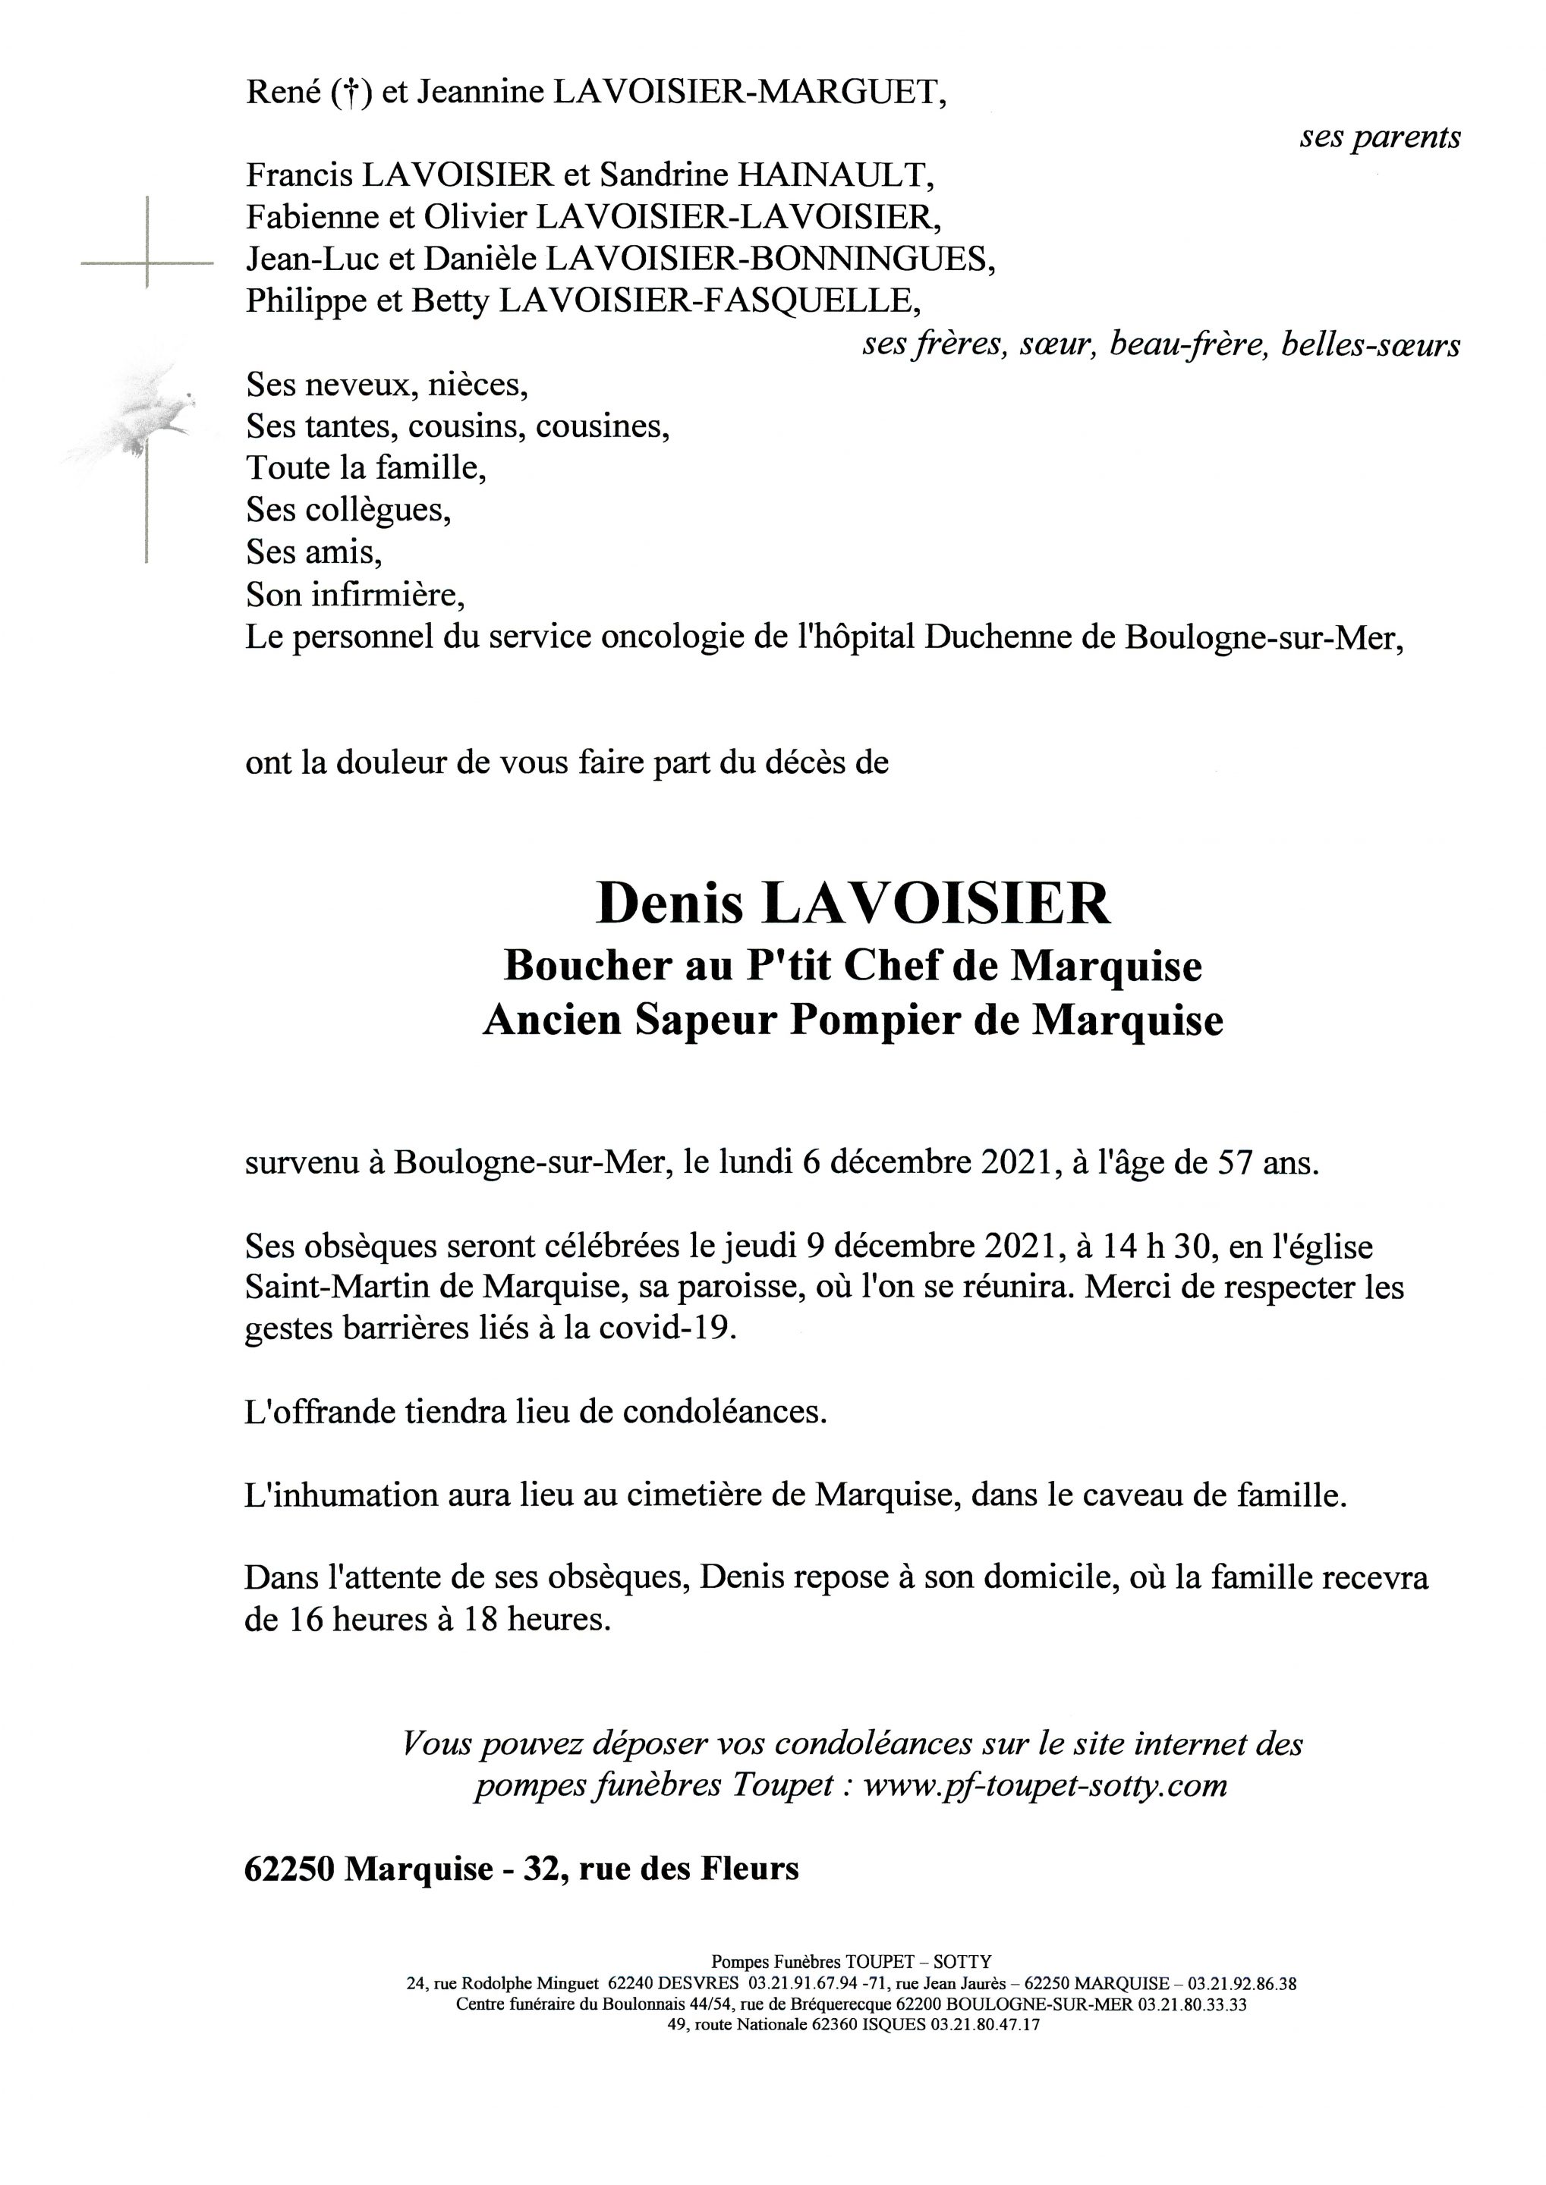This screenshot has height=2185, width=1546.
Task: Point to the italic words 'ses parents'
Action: click(x=1379, y=137)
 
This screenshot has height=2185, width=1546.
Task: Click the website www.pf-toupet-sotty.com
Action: click(x=1044, y=1784)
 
